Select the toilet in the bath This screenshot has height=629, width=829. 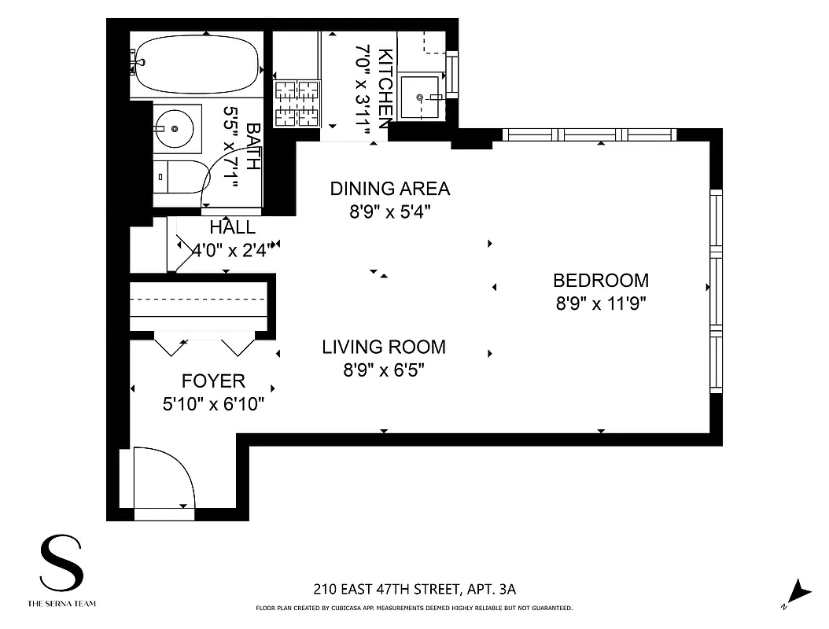(x=177, y=175)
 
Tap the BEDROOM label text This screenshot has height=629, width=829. (x=601, y=280)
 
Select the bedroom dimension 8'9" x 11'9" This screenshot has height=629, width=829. (x=601, y=303)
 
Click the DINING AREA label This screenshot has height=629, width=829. (x=390, y=189)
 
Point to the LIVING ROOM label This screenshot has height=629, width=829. (x=384, y=347)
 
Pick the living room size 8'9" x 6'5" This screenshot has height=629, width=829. (x=384, y=370)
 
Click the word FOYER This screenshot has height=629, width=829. (x=213, y=381)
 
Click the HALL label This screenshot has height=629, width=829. (x=232, y=228)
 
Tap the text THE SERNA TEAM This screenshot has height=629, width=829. (x=62, y=604)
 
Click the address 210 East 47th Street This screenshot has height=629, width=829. (x=414, y=589)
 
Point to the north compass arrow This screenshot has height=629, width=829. (x=799, y=590)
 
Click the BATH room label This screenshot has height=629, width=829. (x=253, y=147)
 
